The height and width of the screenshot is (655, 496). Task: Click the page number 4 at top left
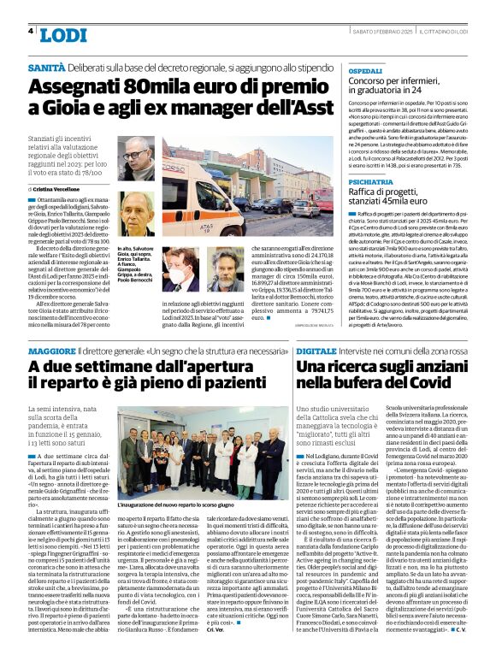click(x=32, y=32)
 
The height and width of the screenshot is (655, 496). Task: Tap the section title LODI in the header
click(x=63, y=34)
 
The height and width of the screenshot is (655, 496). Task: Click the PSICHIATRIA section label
click(x=371, y=183)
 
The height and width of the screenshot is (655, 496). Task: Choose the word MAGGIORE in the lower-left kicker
click(x=51, y=351)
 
